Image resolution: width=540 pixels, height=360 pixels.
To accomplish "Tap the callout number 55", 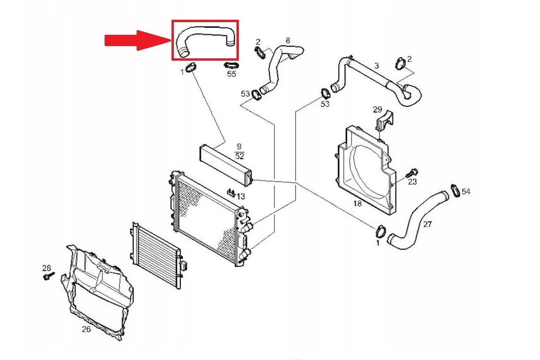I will click(x=231, y=74).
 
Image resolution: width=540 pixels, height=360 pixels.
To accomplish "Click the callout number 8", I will click(x=288, y=40).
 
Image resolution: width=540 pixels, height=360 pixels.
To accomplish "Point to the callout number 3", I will click(x=377, y=66).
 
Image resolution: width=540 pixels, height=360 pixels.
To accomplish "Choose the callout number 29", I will click(x=377, y=110).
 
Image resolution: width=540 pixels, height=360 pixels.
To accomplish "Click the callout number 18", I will click(x=358, y=203).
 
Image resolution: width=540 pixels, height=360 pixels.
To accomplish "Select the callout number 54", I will click(x=466, y=191).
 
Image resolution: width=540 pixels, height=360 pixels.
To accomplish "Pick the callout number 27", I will click(x=427, y=224).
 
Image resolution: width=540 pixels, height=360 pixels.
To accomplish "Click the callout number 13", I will click(x=241, y=197).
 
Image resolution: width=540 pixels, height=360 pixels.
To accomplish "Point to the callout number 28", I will click(x=46, y=267).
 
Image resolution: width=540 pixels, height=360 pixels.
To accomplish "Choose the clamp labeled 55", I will click(x=231, y=65).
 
